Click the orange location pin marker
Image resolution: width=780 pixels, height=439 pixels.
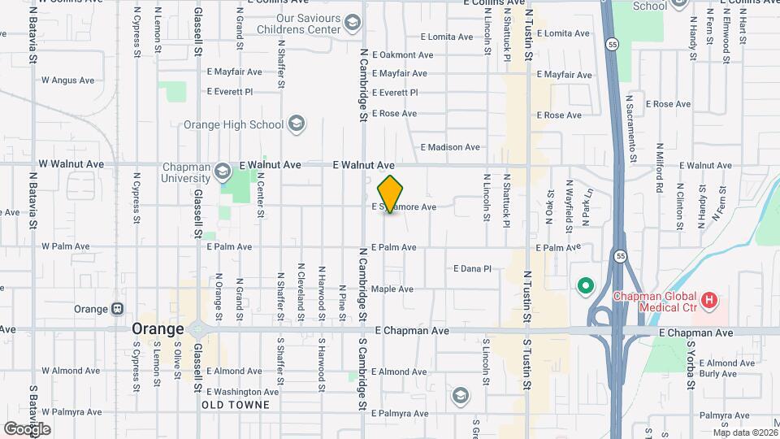pos(390,193)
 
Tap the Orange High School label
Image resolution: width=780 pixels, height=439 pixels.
pos(233,124)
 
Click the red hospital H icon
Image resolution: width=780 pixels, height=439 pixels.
pos(709,302)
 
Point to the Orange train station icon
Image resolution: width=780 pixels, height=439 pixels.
pos(119,309)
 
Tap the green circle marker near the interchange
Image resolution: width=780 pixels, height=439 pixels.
pos(583,285)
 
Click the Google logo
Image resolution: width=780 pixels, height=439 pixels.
pos(27,428)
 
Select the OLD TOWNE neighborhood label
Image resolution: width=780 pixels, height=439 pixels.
pos(234,404)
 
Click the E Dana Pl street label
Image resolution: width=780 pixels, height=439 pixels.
pos(472,268)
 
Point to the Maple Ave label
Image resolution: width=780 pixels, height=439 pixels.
pos(392,289)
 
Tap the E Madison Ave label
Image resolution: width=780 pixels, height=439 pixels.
pos(450,147)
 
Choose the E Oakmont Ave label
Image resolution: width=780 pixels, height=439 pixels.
pos(403,54)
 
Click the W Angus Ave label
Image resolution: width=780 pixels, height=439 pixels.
pos(67,80)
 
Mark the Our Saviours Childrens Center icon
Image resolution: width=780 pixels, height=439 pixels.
pos(352,21)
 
